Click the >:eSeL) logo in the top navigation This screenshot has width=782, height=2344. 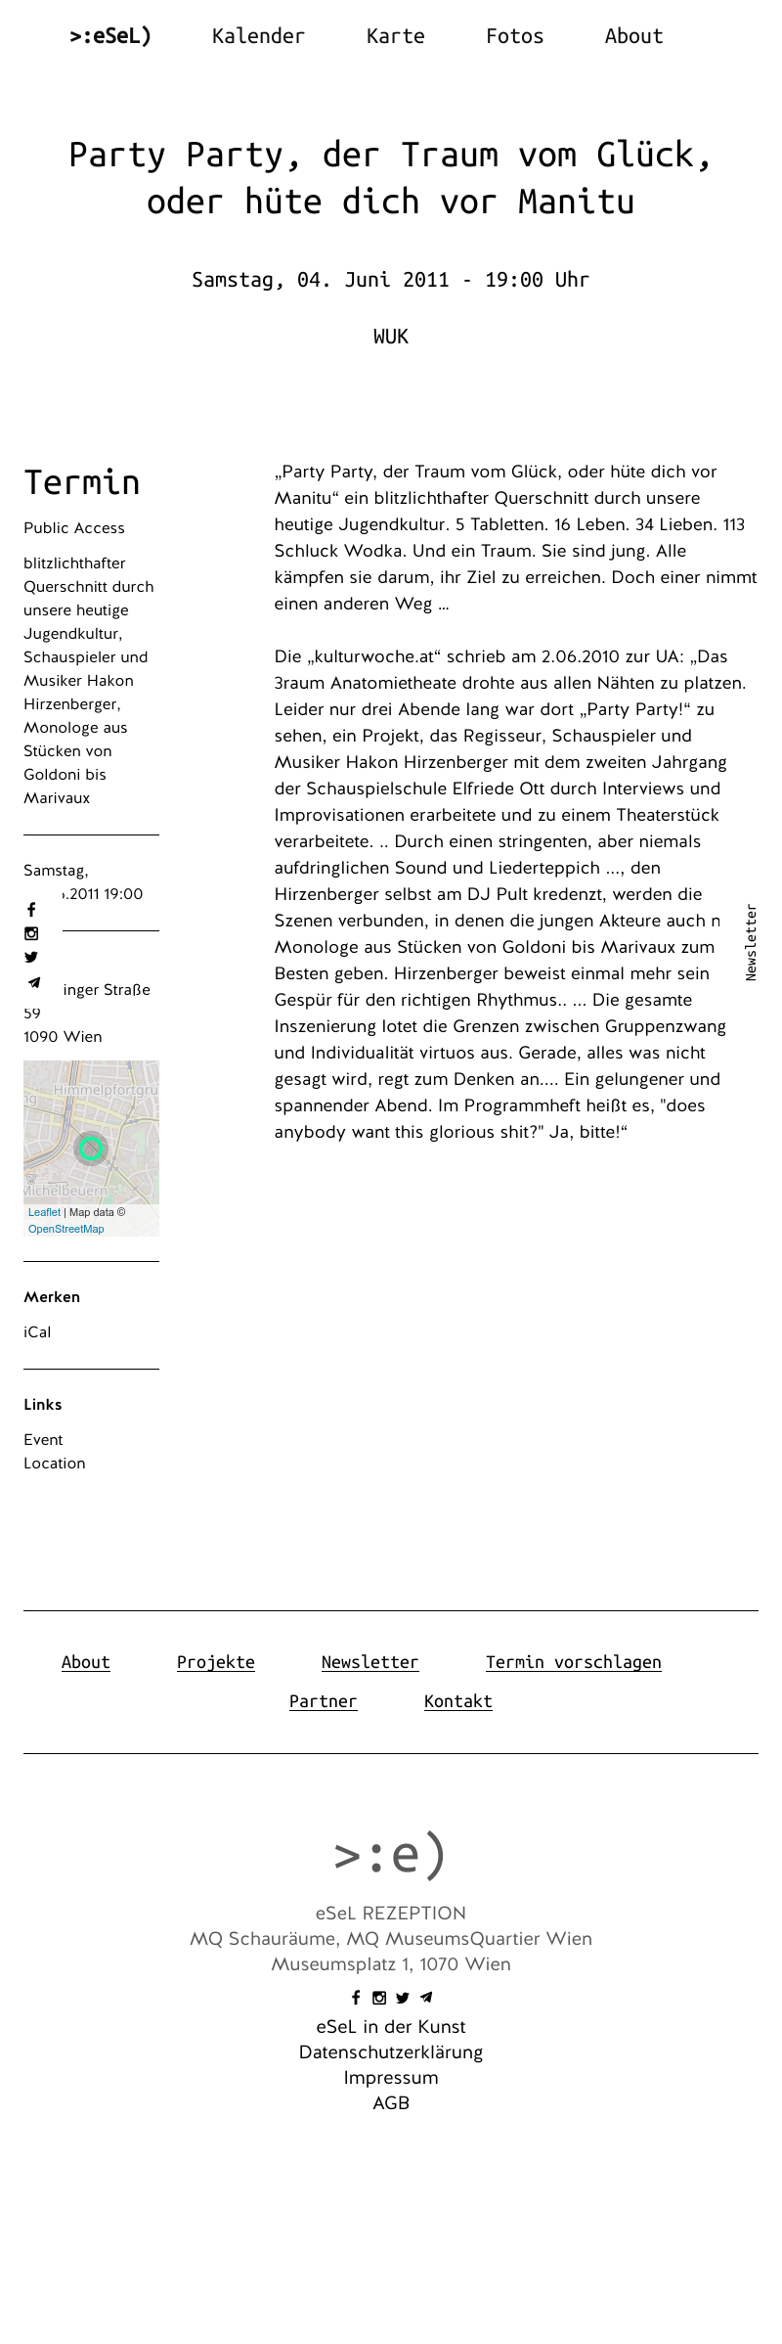(110, 36)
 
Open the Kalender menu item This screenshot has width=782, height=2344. (258, 36)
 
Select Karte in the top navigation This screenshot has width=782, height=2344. (395, 36)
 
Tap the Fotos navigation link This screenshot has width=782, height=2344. (514, 36)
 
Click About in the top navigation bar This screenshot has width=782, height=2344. (633, 36)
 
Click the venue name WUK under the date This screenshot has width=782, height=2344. (391, 337)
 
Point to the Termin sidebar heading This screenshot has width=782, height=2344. (82, 482)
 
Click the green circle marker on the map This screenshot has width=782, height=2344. (91, 1148)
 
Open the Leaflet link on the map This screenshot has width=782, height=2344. (44, 1212)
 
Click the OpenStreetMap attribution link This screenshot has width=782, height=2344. (65, 1229)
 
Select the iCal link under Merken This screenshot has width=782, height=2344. (37, 1332)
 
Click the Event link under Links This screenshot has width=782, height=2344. (43, 1440)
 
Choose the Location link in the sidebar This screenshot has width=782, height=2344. (55, 1464)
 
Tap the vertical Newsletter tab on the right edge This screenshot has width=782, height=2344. (751, 942)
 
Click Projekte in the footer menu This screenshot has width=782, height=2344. (216, 1662)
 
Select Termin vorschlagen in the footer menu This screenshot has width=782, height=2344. (573, 1662)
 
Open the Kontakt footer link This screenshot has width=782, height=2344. (457, 1701)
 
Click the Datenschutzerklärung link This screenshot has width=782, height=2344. (391, 2052)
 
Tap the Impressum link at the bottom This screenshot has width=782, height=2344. (391, 2078)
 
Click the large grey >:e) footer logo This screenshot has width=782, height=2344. (391, 1854)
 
